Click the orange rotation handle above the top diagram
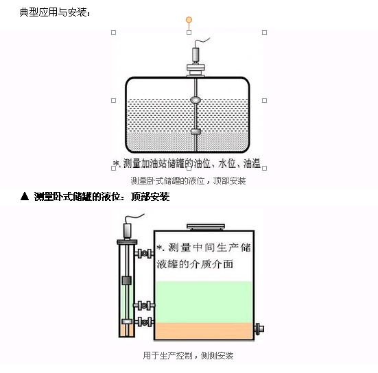pyautogui.click(x=189, y=20)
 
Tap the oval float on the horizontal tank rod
pyautogui.click(x=196, y=99)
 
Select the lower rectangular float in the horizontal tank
pyautogui.click(x=196, y=132)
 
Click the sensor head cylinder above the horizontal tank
pyautogui.click(x=196, y=55)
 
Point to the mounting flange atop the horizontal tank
pyautogui.click(x=196, y=70)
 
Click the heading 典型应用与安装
pyautogui.click(x=55, y=12)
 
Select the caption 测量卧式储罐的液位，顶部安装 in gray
pyautogui.click(x=188, y=181)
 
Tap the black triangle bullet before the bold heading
pyautogui.click(x=25, y=196)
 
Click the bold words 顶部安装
pyautogui.click(x=150, y=197)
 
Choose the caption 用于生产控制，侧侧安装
pyautogui.click(x=188, y=356)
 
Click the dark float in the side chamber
pyautogui.click(x=126, y=280)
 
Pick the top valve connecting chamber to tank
pyautogui.click(x=144, y=253)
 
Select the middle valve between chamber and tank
pyautogui.click(x=144, y=306)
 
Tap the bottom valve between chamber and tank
pyautogui.click(x=144, y=322)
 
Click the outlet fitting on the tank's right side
pyautogui.click(x=259, y=328)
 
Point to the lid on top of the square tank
pyautogui.click(x=206, y=227)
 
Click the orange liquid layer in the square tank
pyautogui.click(x=204, y=331)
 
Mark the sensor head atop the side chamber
pyautogui.click(x=127, y=231)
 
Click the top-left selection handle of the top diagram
pyautogui.click(x=114, y=32)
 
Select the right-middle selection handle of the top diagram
pyautogui.click(x=264, y=100)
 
